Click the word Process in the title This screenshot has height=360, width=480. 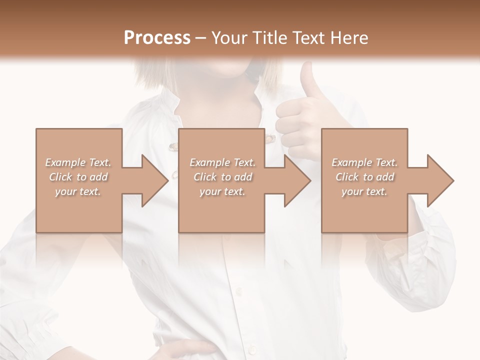[157, 38]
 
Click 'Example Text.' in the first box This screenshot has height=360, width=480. [78, 162]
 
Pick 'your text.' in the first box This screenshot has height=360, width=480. [78, 191]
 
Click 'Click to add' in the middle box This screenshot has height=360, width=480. [222, 177]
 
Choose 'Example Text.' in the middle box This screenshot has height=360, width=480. [222, 162]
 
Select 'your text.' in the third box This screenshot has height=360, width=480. [364, 191]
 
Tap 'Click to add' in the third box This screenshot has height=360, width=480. [364, 177]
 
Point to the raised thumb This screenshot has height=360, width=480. [306, 80]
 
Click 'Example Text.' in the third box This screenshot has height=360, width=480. [364, 162]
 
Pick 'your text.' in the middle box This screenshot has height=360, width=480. [222, 191]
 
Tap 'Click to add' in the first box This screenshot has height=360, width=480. [78, 177]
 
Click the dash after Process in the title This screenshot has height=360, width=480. [201, 38]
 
